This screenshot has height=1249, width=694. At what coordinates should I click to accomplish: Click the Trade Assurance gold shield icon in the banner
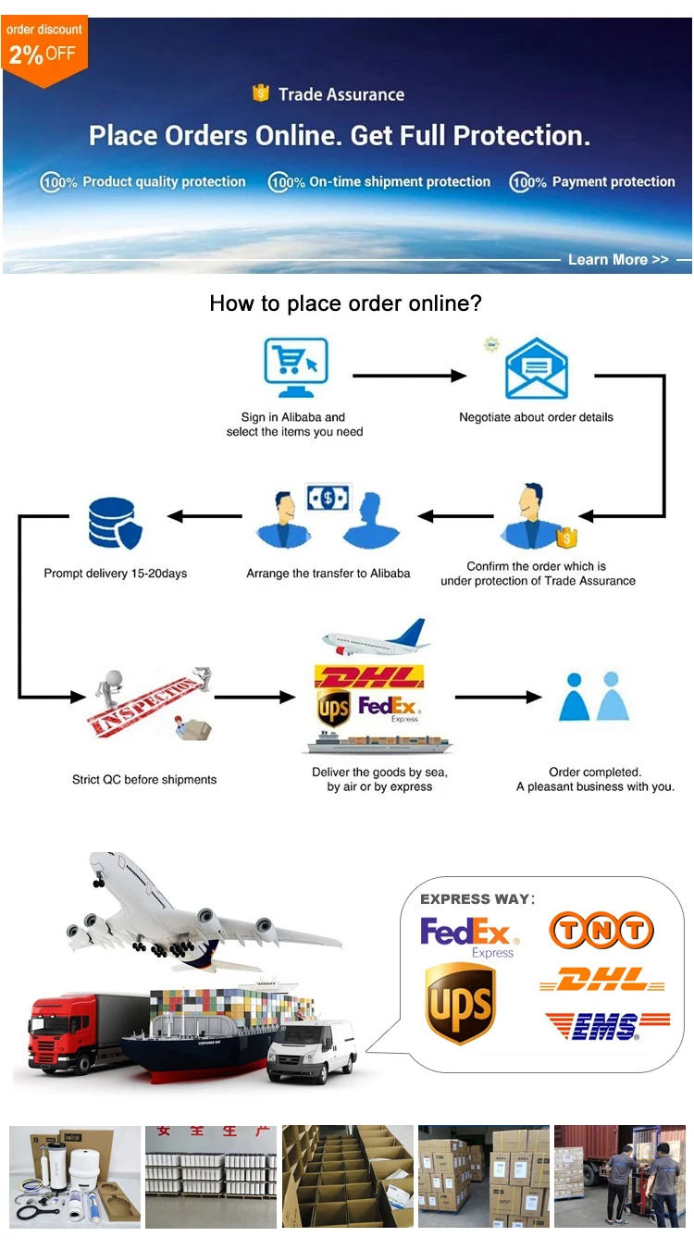coord(261,93)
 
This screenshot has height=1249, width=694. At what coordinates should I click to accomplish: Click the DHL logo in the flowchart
coord(369,676)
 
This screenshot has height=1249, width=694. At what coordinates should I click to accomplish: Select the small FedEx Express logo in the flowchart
coord(389,709)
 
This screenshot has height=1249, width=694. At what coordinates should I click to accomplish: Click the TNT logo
coord(601,931)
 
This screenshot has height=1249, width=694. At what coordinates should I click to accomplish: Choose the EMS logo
coord(606,1025)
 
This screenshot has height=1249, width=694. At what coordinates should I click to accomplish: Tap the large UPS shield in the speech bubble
coord(460,1005)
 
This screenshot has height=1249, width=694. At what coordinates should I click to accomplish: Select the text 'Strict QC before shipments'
coord(144,780)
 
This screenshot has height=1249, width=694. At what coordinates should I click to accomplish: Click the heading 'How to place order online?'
coord(346,303)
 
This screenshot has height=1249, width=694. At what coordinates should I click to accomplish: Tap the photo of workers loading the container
coord(619,1176)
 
